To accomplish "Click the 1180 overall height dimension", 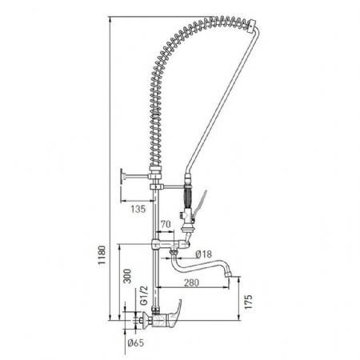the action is click(x=102, y=255).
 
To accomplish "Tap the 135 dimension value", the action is click(x=138, y=209).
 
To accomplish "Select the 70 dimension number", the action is click(x=166, y=224).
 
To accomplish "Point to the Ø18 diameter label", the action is click(x=203, y=254).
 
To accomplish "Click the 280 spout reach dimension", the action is click(x=191, y=282).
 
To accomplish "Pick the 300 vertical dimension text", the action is click(x=128, y=276).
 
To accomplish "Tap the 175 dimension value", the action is click(x=248, y=302).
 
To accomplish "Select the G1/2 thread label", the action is click(x=144, y=295).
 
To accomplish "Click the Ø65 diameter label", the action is click(x=136, y=342).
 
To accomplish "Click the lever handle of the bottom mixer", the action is click(x=175, y=309).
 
